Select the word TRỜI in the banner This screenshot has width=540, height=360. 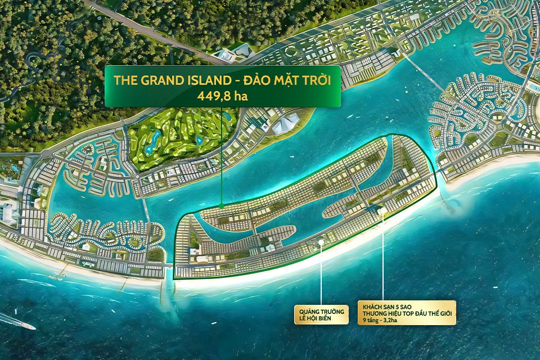314,80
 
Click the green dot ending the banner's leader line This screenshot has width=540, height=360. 222,206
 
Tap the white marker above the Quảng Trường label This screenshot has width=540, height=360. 321,242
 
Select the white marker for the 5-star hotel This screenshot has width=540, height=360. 382,211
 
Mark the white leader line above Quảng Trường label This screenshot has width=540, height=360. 321,276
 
